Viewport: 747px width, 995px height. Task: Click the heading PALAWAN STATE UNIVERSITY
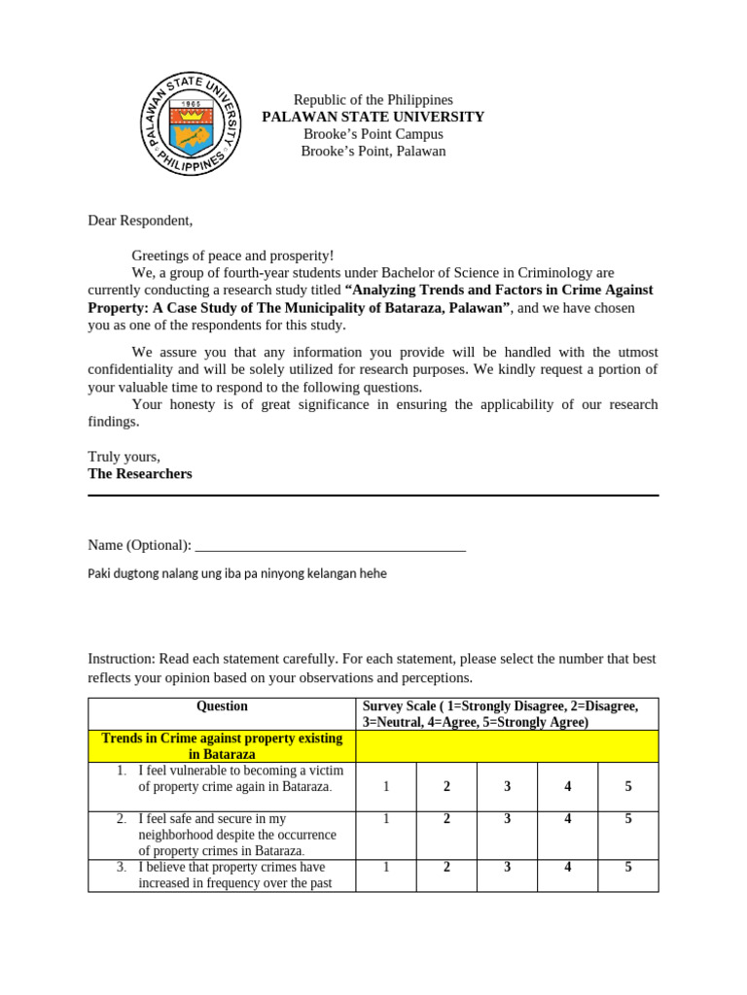coord(373,117)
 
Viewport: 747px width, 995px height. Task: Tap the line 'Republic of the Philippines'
coord(373,100)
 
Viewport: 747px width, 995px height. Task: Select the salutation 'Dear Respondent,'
coord(140,221)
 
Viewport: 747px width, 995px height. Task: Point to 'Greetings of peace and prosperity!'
coord(232,256)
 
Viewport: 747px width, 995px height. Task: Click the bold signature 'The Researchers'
coord(140,473)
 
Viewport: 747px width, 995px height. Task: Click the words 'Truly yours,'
coord(124,457)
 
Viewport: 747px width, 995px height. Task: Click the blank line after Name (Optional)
coord(331,546)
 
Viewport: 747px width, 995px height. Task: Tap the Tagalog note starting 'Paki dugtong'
coord(237,573)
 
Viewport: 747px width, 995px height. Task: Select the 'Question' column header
coord(222,706)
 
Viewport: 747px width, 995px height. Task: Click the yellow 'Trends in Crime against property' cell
coord(222,746)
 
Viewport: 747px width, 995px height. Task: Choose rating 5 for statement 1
coord(627,786)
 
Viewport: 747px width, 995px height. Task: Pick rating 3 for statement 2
coord(507,819)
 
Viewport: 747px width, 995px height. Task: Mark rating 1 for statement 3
coord(386,868)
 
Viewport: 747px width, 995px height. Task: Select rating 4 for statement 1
coord(567,786)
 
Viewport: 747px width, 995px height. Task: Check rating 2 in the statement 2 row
coord(446,819)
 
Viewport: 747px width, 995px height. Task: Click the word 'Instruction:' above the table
coord(122,659)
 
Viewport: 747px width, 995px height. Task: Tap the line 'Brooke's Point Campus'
coord(373,134)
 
